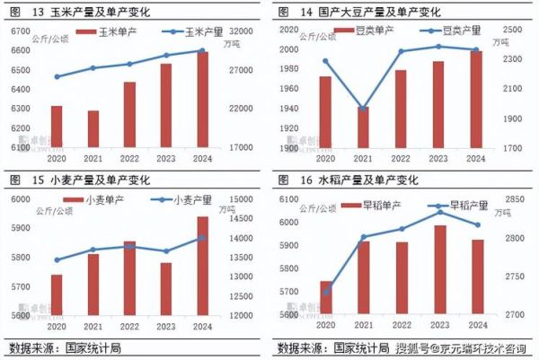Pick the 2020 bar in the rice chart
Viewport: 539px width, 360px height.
tap(325, 297)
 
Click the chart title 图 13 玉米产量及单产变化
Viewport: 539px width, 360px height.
tap(81, 11)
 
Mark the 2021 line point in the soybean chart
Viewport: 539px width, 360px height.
tap(363, 108)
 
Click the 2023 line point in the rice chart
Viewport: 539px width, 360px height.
tap(440, 212)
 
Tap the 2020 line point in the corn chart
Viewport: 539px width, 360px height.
tap(57, 77)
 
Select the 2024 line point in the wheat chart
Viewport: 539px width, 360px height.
tap(203, 238)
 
